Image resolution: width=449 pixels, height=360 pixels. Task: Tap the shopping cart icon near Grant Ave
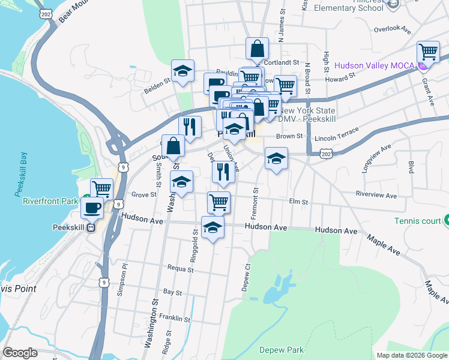[x=429, y=52]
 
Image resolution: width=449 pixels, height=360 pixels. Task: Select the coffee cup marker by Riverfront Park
[x=92, y=208]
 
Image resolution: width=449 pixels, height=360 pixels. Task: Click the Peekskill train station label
[x=71, y=228]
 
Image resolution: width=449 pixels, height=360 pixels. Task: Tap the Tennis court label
[x=418, y=221]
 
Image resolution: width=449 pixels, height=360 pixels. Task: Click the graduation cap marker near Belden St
[x=183, y=71]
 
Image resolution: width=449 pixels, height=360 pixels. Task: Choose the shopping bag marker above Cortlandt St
[x=257, y=49]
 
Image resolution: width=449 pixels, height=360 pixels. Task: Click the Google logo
[x=20, y=353]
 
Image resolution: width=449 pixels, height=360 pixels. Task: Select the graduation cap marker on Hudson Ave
[x=212, y=227]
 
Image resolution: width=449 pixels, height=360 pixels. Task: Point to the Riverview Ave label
[x=376, y=195]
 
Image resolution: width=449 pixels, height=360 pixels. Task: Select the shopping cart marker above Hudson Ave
[x=218, y=202]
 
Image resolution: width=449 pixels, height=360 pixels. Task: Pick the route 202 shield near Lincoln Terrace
[x=326, y=155]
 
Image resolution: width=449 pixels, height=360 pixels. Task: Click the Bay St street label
[x=172, y=292]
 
